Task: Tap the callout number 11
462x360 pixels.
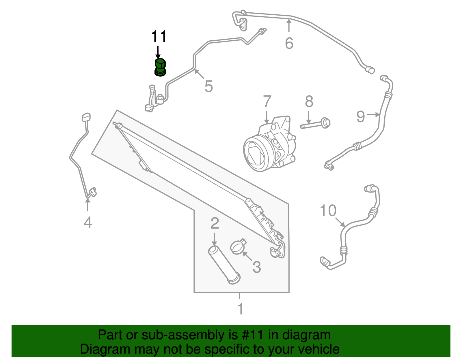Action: point(159,37)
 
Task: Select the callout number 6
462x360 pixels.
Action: point(289,43)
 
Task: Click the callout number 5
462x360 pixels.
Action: point(208,86)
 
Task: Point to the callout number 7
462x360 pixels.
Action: point(267,101)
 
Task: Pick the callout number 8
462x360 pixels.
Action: point(309,101)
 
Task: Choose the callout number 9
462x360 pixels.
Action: point(361,116)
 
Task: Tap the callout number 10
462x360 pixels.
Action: point(328,210)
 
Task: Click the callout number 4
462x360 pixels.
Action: point(88,223)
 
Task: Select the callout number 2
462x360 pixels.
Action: point(215,223)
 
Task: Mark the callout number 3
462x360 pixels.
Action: point(256,267)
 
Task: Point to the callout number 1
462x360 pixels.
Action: point(240,309)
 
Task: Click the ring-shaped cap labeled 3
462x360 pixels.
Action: point(238,247)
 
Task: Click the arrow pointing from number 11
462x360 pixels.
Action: point(158,52)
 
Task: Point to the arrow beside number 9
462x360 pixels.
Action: point(374,115)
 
